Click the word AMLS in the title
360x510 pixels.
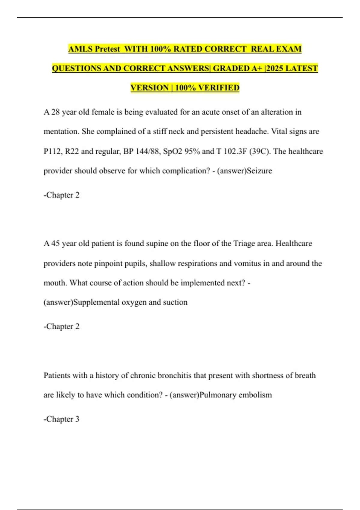pos(79,49)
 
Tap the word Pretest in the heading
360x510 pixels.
pos(107,49)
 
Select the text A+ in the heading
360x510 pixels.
pos(257,68)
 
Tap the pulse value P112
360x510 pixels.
pos(52,151)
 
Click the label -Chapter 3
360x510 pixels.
pos(61,419)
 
